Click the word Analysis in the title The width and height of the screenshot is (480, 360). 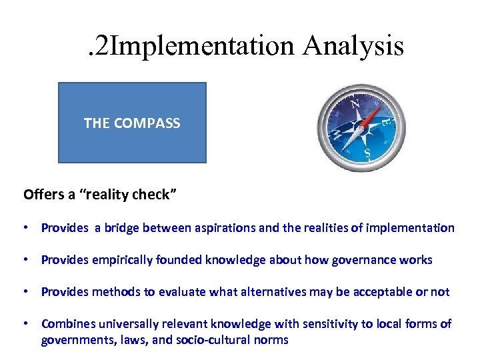click(353, 46)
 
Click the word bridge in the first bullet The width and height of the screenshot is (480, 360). click(123, 228)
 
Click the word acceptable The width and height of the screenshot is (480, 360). click(379, 292)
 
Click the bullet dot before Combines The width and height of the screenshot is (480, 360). click(26, 324)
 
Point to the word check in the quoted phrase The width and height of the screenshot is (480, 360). click(152, 195)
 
